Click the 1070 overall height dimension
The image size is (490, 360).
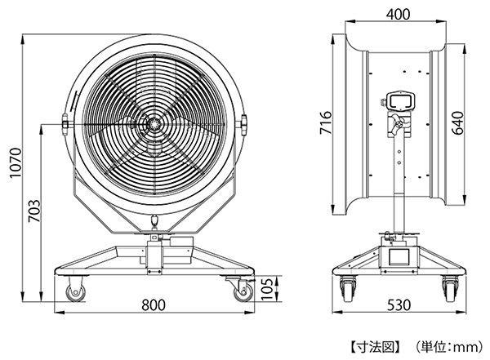coord(16,162)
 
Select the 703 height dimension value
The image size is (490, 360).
coord(34,211)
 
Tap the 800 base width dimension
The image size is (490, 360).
coord(154,304)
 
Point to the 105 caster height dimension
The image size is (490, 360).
coord(268,288)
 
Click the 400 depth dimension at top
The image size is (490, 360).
coord(398,14)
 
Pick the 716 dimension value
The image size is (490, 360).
coord(325,122)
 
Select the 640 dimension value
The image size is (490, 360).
coord(458,122)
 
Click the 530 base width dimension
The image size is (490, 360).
coord(399,304)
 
